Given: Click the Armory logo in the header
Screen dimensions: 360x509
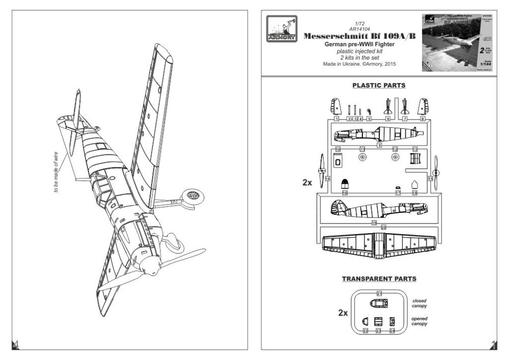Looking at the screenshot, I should click(x=280, y=32).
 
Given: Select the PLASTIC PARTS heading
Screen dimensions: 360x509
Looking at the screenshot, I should click(x=379, y=86).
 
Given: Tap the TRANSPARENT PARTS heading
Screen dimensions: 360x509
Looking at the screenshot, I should click(x=379, y=279).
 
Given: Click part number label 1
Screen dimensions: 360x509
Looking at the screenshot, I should click(x=336, y=118).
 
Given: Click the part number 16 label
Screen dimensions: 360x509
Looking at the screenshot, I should click(x=345, y=193).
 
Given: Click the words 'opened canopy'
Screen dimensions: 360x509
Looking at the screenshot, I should click(x=419, y=321).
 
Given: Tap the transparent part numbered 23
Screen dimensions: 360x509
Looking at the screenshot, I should click(x=378, y=322).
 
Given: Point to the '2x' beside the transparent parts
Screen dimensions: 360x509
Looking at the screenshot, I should click(x=343, y=313).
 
